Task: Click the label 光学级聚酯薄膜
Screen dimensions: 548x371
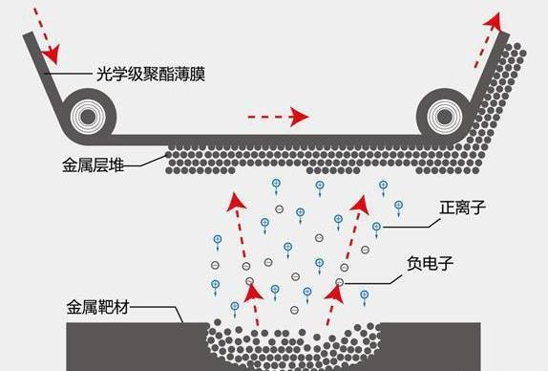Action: coord(151,74)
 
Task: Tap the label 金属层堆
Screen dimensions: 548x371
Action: coord(93,165)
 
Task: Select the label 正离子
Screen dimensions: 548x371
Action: coord(462,207)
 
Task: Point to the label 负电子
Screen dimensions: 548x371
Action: coord(431,263)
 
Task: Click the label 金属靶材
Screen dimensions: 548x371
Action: coord(97,307)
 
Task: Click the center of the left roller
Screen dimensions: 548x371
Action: coord(88,117)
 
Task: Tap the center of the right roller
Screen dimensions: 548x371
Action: coord(445,117)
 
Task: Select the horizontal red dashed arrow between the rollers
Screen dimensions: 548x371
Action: coord(278,117)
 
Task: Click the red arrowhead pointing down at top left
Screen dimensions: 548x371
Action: coord(51,55)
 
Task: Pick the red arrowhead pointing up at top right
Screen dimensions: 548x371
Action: coord(494,21)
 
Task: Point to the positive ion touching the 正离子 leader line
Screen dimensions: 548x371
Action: coord(376,227)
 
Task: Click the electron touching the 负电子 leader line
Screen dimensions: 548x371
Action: coord(339,282)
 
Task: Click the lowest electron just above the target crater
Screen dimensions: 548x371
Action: coord(294,310)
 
